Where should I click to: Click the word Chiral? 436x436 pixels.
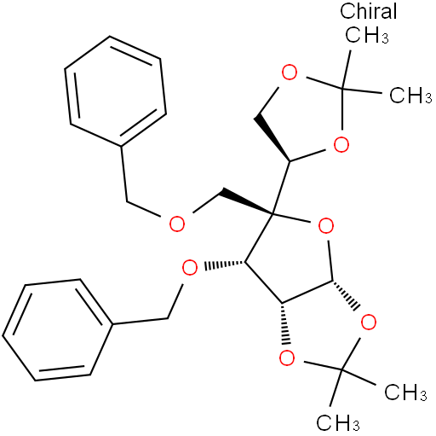[x=368, y=11]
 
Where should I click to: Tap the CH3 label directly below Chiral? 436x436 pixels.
[x=366, y=35]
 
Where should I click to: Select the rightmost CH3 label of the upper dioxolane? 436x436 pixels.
[x=410, y=95]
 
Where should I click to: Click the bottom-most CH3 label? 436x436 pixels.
[x=338, y=422]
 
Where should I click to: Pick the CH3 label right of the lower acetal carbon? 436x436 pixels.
[x=405, y=392]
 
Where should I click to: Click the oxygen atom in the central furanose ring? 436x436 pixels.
[x=326, y=226]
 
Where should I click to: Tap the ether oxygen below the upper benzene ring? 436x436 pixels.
[x=177, y=224]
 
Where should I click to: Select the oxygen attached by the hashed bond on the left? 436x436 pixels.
[x=190, y=268]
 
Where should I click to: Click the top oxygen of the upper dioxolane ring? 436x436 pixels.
[x=290, y=73]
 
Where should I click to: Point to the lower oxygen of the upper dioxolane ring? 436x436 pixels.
[x=341, y=144]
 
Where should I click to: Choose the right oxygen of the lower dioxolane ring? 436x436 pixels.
[x=369, y=322]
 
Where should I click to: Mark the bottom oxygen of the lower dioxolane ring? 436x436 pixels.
[x=287, y=358]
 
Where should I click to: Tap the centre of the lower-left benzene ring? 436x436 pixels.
[x=58, y=329]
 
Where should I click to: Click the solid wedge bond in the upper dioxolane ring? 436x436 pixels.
[x=272, y=138]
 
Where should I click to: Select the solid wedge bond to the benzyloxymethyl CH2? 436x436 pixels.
[x=247, y=201]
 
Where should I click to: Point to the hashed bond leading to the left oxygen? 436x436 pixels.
[x=224, y=265]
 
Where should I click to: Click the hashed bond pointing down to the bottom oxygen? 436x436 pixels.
[x=284, y=324]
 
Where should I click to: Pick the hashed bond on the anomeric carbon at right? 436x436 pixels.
[x=346, y=295]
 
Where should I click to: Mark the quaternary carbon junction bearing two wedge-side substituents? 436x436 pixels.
[x=272, y=212]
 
